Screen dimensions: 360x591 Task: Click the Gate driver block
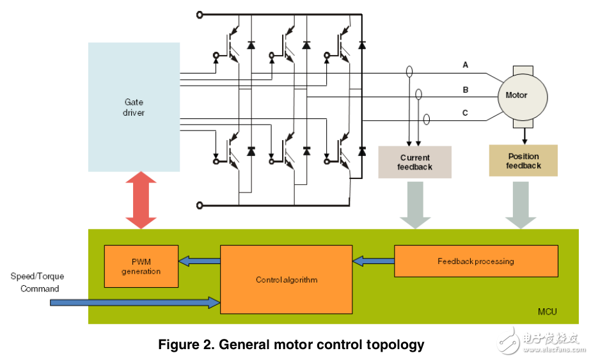tap(134, 107)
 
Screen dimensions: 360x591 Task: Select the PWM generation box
tap(142, 266)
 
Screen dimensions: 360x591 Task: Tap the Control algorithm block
tap(286, 279)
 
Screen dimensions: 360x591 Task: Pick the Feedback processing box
tap(475, 261)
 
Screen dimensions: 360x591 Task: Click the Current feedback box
tap(415, 162)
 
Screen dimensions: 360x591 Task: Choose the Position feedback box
tap(523, 160)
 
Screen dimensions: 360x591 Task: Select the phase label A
tap(466, 65)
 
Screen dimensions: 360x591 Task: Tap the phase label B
tap(466, 90)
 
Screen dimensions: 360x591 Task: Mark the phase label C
tap(466, 113)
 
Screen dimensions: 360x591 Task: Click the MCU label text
tap(547, 312)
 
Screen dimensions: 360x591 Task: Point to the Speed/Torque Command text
tap(38, 283)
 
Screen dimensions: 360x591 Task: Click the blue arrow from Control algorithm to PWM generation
tap(199, 261)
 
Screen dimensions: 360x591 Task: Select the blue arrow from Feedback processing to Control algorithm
tap(373, 261)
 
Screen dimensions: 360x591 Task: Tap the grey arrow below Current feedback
tap(414, 203)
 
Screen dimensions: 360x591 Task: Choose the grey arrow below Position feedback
tap(521, 203)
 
